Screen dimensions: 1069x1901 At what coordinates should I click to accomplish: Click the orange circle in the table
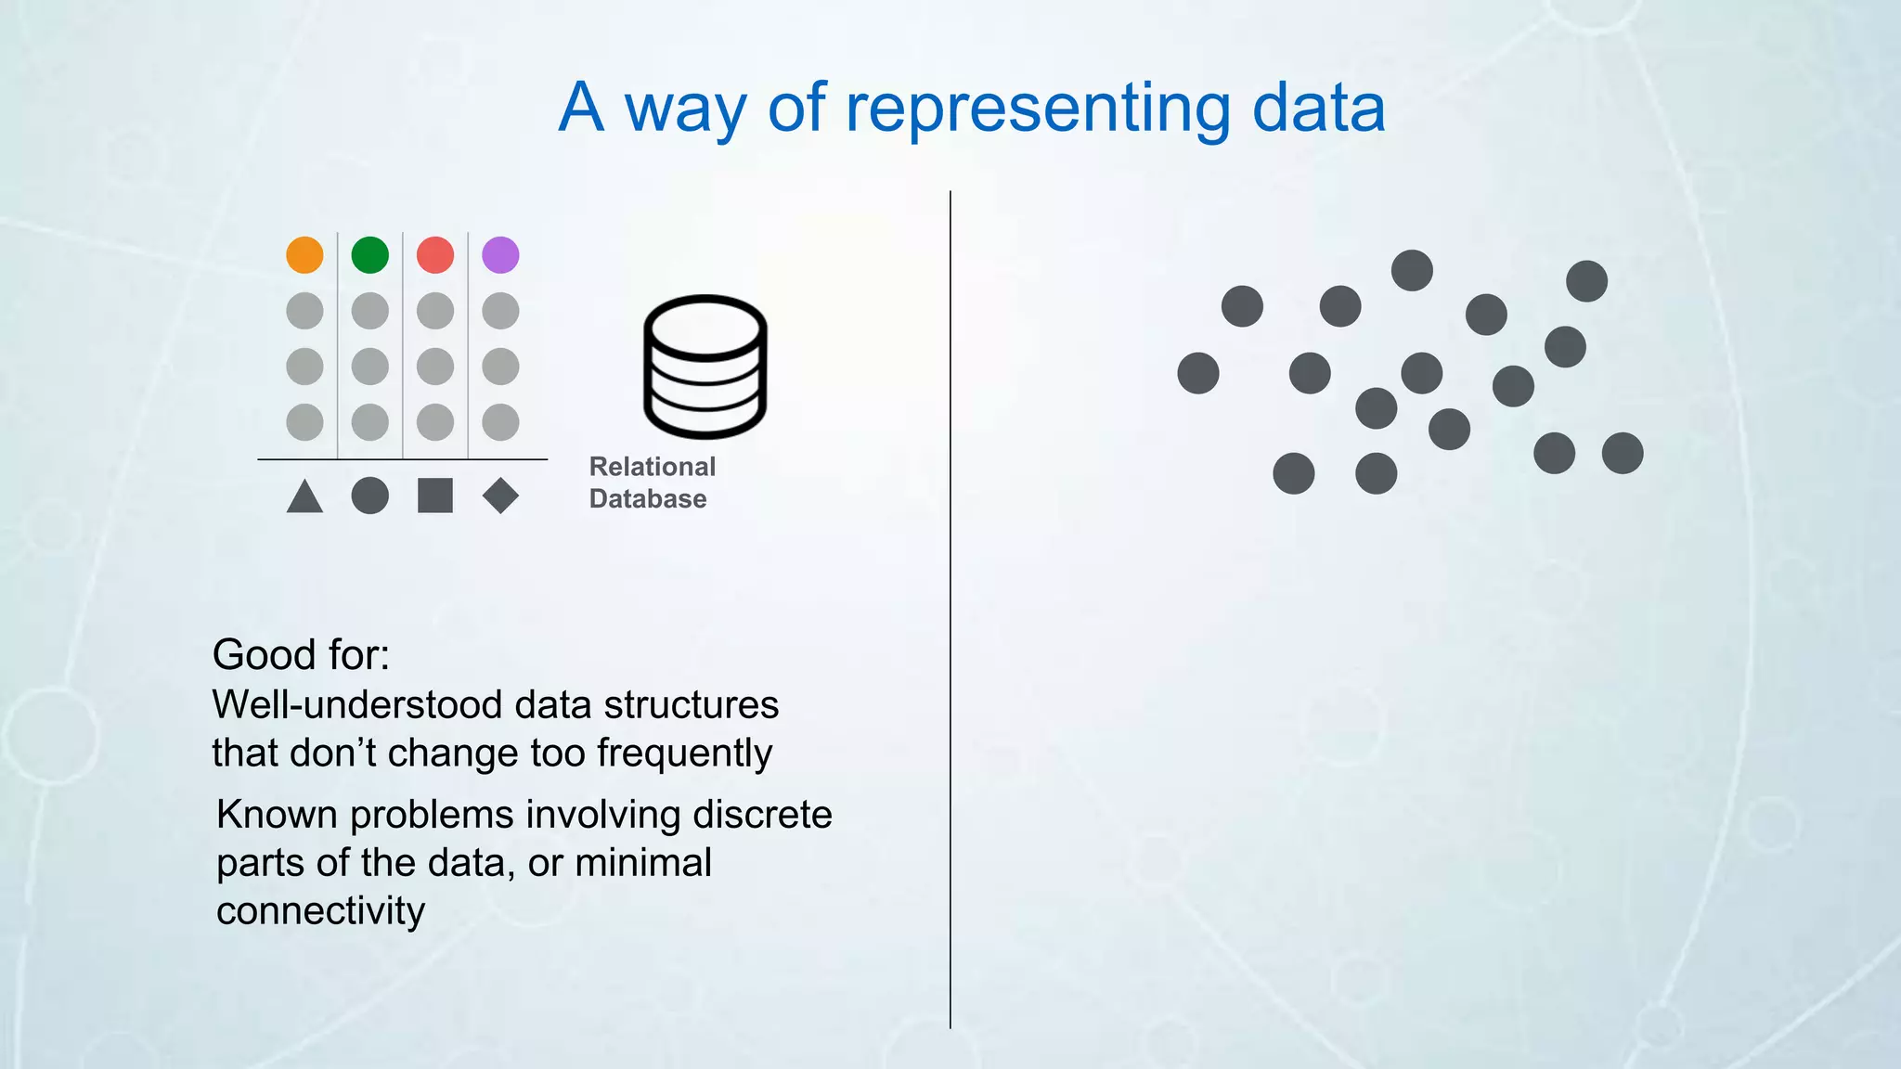click(x=304, y=254)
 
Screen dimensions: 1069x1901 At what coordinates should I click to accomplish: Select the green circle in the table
click(x=369, y=254)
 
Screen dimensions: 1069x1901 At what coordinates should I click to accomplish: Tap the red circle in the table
click(x=435, y=254)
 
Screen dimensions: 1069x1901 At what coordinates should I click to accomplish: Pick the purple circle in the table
click(x=500, y=254)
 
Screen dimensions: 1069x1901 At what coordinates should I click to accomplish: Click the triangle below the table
click(x=304, y=497)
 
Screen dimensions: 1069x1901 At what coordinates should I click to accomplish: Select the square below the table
click(x=435, y=496)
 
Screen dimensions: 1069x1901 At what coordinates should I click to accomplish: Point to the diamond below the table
click(x=500, y=496)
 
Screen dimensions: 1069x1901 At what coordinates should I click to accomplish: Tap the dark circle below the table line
click(x=369, y=496)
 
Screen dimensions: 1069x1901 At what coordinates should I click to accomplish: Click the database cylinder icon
click(x=705, y=366)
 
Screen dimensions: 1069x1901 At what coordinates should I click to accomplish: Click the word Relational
click(x=653, y=466)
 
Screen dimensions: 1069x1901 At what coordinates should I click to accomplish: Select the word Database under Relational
click(x=648, y=498)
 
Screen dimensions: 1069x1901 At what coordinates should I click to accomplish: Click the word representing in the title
click(x=1037, y=108)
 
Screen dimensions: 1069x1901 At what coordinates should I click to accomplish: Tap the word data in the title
click(x=1318, y=108)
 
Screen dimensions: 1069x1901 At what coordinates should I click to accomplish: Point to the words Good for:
click(x=301, y=654)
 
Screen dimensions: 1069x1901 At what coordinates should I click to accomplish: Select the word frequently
click(x=684, y=753)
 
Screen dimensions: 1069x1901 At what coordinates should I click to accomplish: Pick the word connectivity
click(x=320, y=910)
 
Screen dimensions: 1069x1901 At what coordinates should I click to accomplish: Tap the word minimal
click(x=643, y=863)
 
